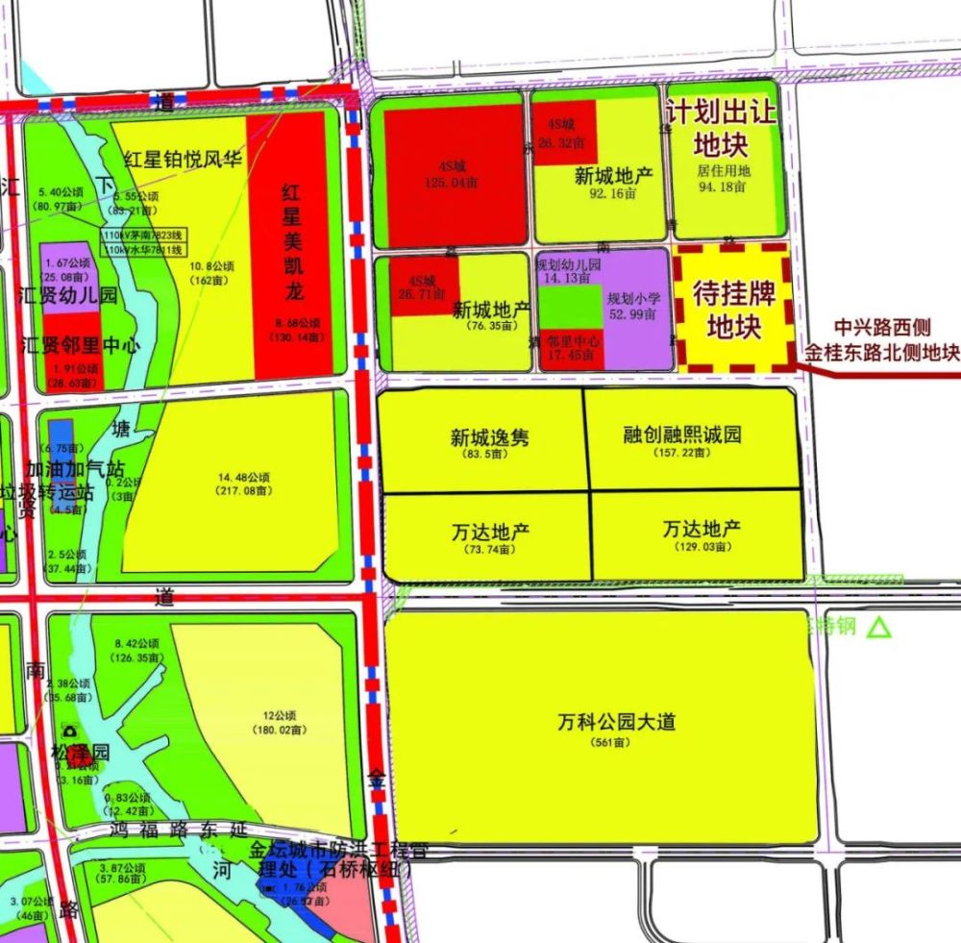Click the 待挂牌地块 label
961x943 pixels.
tap(734, 309)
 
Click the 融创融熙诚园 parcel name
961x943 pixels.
tap(682, 434)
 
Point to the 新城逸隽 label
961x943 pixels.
tap(489, 437)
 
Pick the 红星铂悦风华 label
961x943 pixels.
tap(183, 159)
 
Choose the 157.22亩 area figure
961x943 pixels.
tap(681, 453)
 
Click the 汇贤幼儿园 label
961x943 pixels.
tap(67, 295)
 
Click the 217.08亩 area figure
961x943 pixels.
tap(244, 491)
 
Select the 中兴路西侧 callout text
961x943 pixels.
tap(881, 328)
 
